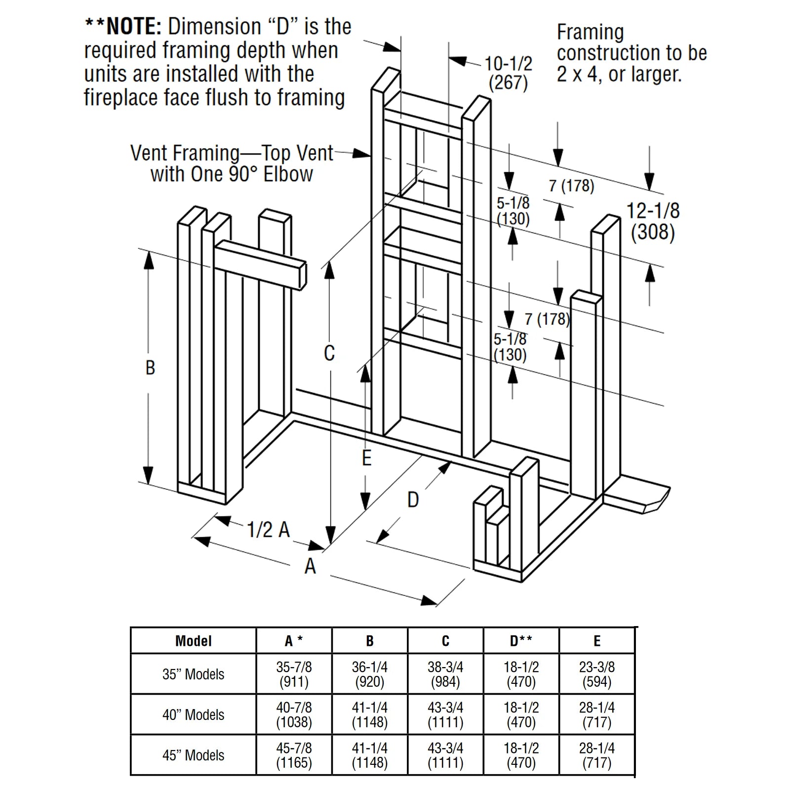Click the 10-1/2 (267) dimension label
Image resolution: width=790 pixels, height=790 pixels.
508,73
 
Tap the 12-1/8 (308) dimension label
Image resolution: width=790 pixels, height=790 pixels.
653,221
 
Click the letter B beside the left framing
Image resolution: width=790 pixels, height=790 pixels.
150,367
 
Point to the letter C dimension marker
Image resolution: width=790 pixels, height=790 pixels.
329,353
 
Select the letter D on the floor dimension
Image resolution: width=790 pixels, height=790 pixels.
413,500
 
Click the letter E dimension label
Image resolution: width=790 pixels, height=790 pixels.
366,458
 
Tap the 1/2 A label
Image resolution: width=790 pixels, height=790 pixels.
268,530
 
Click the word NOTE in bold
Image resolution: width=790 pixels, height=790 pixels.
133,27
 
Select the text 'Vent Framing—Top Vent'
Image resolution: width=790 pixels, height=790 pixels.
232,154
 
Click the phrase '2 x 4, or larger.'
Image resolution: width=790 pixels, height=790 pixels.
619,75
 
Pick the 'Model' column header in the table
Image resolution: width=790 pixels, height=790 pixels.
193,641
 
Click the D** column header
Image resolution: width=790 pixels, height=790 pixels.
521,641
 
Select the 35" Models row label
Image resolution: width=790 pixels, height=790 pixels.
193,674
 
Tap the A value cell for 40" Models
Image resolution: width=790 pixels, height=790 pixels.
294,714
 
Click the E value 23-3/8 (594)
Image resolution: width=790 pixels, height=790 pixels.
596,674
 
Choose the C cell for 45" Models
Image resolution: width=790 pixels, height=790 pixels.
445,755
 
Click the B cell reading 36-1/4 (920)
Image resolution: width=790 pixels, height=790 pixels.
369,674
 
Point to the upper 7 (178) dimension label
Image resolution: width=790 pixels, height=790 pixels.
571,186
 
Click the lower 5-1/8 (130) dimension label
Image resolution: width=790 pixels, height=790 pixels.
510,347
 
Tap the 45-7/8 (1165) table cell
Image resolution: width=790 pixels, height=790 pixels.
294,755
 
